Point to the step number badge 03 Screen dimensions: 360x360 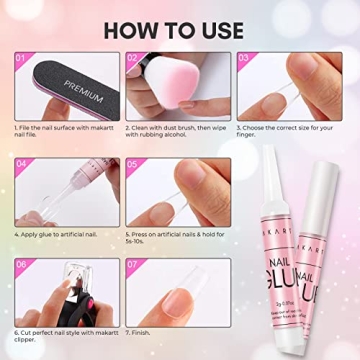245,59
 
